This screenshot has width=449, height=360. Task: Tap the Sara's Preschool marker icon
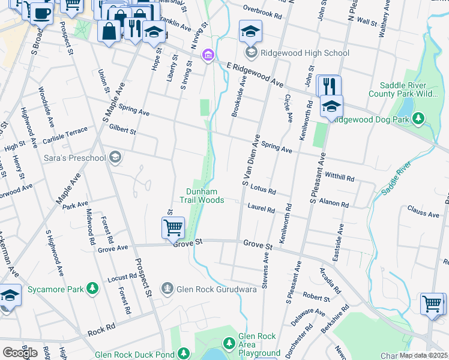pyautogui.click(x=115, y=158)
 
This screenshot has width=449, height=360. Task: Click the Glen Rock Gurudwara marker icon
pyautogui.click(x=167, y=289)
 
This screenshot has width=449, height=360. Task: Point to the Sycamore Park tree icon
pyautogui.click(x=92, y=289)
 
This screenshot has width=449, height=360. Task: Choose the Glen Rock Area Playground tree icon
pyautogui.click(x=229, y=343)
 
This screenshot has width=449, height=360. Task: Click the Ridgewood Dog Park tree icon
pyautogui.click(x=419, y=119)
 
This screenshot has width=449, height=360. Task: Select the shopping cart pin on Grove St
pyautogui.click(x=173, y=227)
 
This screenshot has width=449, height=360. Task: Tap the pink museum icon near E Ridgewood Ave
pyautogui.click(x=208, y=56)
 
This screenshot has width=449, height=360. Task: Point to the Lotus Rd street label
pyautogui.click(x=263, y=191)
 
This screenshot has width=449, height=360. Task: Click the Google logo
pyautogui.click(x=20, y=352)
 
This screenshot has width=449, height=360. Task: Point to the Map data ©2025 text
pyautogui.click(x=424, y=355)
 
